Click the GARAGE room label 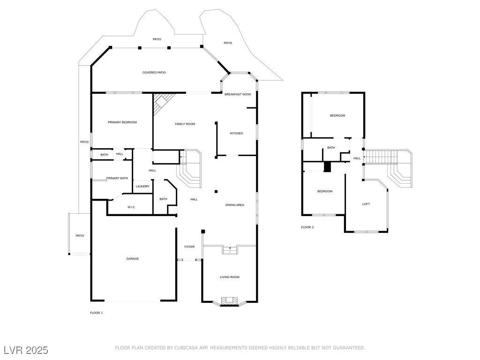[x=132, y=259]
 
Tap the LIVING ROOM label [x=230, y=277]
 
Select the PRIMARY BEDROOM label [x=122, y=122]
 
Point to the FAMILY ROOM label [x=185, y=124]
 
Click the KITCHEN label [x=236, y=134]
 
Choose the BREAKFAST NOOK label [x=238, y=94]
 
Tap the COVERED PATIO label [x=154, y=73]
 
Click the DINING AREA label [x=235, y=205]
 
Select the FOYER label [x=189, y=247]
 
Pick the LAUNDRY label [x=142, y=186]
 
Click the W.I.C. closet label [x=131, y=207]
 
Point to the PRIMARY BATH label [x=117, y=178]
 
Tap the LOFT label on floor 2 [x=366, y=204]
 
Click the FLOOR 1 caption [x=96, y=313]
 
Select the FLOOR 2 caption [x=307, y=227]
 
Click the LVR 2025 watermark [x=26, y=350]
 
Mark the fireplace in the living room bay [x=230, y=301]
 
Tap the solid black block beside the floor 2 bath [x=328, y=167]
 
